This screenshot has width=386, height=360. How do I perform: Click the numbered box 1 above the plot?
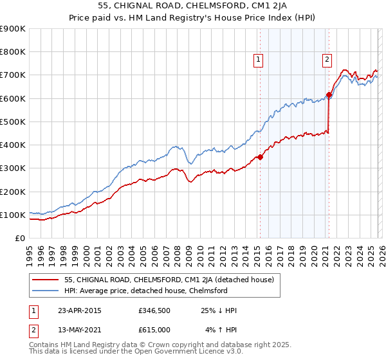pos(258,60)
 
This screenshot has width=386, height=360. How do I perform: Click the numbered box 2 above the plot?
pos(327,60)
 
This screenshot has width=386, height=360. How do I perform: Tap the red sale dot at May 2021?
pos(329,95)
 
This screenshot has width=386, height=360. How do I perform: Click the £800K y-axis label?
pos(13,52)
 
